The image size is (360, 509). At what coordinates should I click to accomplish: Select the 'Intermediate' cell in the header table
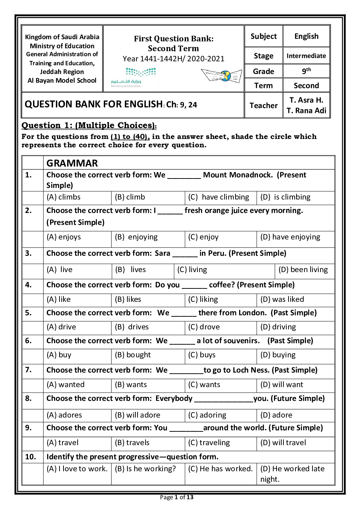(306, 56)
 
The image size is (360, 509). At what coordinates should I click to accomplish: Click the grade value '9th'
(306, 71)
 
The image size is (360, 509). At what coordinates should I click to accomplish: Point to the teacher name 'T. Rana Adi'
(306, 111)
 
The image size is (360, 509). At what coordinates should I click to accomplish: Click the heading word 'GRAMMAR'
(72, 163)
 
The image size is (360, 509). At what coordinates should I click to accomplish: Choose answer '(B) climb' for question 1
(130, 197)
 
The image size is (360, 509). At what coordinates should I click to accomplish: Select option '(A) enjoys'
(64, 237)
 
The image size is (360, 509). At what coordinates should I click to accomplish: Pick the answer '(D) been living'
(303, 270)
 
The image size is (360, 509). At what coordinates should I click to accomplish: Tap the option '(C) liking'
(203, 299)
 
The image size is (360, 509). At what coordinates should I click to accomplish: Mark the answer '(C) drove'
(204, 327)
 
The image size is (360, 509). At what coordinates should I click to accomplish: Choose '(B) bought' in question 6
(133, 355)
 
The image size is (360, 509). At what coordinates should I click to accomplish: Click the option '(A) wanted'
(66, 385)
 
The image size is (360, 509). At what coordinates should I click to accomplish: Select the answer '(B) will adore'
(138, 415)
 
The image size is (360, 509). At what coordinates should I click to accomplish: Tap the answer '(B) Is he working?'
(145, 469)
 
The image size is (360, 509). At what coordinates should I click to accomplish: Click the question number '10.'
(30, 457)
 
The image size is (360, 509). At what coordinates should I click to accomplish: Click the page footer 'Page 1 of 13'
(177, 497)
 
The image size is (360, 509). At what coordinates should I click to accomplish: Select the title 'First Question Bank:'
(173, 38)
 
